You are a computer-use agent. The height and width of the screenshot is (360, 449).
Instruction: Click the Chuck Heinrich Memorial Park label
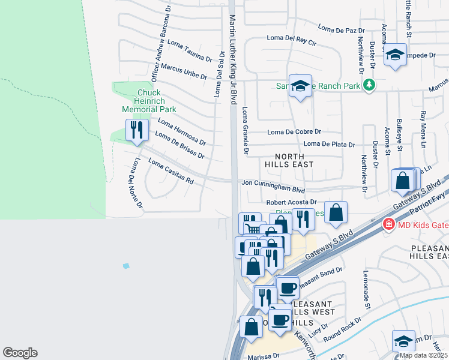149,101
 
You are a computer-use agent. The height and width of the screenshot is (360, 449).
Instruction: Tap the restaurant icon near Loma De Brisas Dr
136,130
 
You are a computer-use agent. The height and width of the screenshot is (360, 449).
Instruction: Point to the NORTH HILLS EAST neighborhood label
291,160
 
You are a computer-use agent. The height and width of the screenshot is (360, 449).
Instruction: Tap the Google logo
20,353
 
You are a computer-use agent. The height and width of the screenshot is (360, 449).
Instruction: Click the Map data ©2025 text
424,355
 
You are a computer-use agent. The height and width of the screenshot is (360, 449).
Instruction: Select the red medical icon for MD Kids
388,224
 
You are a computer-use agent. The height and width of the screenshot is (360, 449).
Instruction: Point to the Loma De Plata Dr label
329,144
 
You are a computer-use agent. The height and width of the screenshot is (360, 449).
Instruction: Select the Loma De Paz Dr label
341,28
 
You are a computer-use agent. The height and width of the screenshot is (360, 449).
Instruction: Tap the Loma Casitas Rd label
171,171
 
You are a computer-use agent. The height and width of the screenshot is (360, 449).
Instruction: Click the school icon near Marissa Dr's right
403,341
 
